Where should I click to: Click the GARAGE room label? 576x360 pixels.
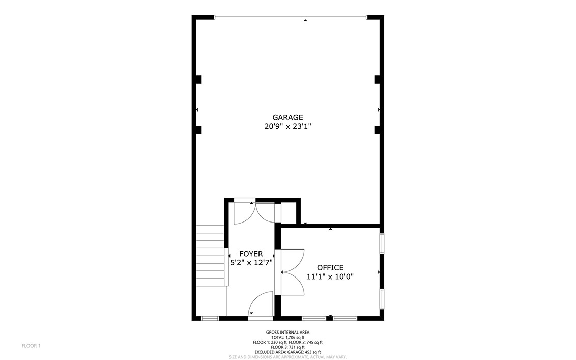pos(287,117)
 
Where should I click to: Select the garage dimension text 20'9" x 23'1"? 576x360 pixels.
pos(287,126)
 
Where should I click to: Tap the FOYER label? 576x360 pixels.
pos(251,254)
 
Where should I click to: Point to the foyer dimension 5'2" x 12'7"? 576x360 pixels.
pos(251,263)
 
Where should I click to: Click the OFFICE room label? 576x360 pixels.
pos(330,268)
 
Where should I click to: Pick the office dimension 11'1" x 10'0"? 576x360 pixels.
pos(330,276)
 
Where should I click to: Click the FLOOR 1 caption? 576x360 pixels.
pos(31,346)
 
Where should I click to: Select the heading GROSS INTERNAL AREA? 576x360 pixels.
pos(287,333)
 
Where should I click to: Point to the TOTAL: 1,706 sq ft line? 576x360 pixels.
pos(287,337)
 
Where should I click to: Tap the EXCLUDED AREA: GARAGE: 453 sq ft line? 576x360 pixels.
pos(287,352)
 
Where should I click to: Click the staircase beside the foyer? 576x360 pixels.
pos(210,256)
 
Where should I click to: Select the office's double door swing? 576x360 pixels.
pos(293,272)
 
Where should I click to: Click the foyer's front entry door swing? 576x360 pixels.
pos(261,304)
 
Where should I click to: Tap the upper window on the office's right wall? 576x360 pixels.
pos(382,243)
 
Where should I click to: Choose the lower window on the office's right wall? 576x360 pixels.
pos(382,298)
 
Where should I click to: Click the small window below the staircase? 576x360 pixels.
pos(210,318)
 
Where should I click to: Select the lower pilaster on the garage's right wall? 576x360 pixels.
pos(377,130)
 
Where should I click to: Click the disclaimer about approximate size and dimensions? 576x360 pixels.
pos(287,357)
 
